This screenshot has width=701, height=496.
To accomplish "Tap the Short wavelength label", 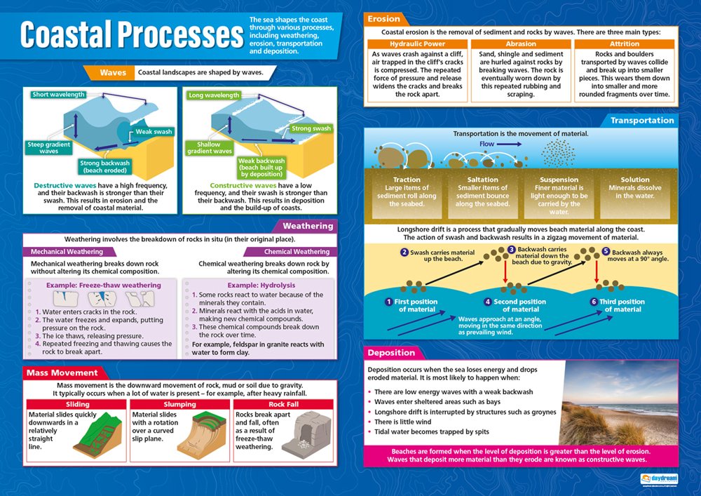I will click(58, 95).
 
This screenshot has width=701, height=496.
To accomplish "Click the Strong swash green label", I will click(311, 128).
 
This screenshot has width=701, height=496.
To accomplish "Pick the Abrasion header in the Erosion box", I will click(521, 44).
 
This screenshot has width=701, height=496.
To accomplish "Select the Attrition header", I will click(624, 44).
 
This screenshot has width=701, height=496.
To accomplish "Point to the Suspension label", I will click(559, 180).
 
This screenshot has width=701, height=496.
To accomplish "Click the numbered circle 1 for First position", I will click(388, 302).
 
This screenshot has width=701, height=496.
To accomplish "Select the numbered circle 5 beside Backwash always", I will click(606, 251).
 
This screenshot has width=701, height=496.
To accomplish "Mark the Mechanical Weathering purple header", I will click(67, 252).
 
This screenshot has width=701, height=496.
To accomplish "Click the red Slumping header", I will click(179, 404).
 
